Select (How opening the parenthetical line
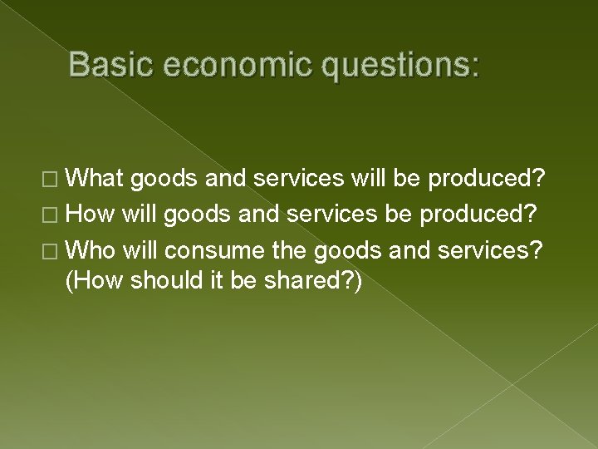(93, 282)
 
